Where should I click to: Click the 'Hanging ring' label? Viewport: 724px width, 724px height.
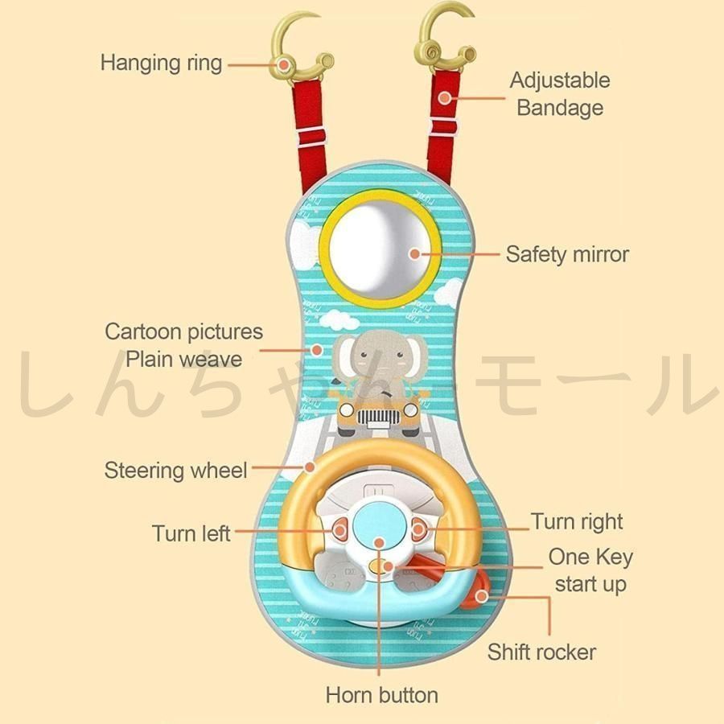pyautogui.click(x=161, y=64)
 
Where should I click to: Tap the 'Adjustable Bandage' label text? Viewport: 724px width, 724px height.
pyautogui.click(x=560, y=94)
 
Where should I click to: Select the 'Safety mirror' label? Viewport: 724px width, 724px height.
pyautogui.click(x=567, y=254)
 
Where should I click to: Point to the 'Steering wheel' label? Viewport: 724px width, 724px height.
pyautogui.click(x=175, y=471)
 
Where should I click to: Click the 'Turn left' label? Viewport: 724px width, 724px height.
pyautogui.click(x=191, y=533)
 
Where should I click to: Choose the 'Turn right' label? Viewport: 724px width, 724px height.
pyautogui.click(x=577, y=522)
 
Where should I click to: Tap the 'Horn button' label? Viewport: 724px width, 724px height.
pyautogui.click(x=382, y=695)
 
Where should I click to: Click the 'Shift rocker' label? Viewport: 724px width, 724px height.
pyautogui.click(x=541, y=652)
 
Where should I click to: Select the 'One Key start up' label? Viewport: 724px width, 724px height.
pyautogui.click(x=590, y=570)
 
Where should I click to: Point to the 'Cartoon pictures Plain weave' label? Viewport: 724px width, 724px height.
pyautogui.click(x=183, y=345)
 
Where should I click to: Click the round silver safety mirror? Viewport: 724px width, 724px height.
pyautogui.click(x=379, y=248)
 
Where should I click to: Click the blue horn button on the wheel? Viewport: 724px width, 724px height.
pyautogui.click(x=379, y=526)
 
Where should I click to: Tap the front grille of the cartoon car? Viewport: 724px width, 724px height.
pyautogui.click(x=378, y=418)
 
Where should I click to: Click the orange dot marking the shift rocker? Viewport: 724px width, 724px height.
pyautogui.click(x=482, y=595)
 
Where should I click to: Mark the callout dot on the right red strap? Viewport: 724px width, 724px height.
pyautogui.click(x=444, y=98)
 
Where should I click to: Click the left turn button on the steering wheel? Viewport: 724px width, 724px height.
pyautogui.click(x=339, y=529)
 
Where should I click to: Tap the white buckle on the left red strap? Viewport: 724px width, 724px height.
pyautogui.click(x=311, y=137)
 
